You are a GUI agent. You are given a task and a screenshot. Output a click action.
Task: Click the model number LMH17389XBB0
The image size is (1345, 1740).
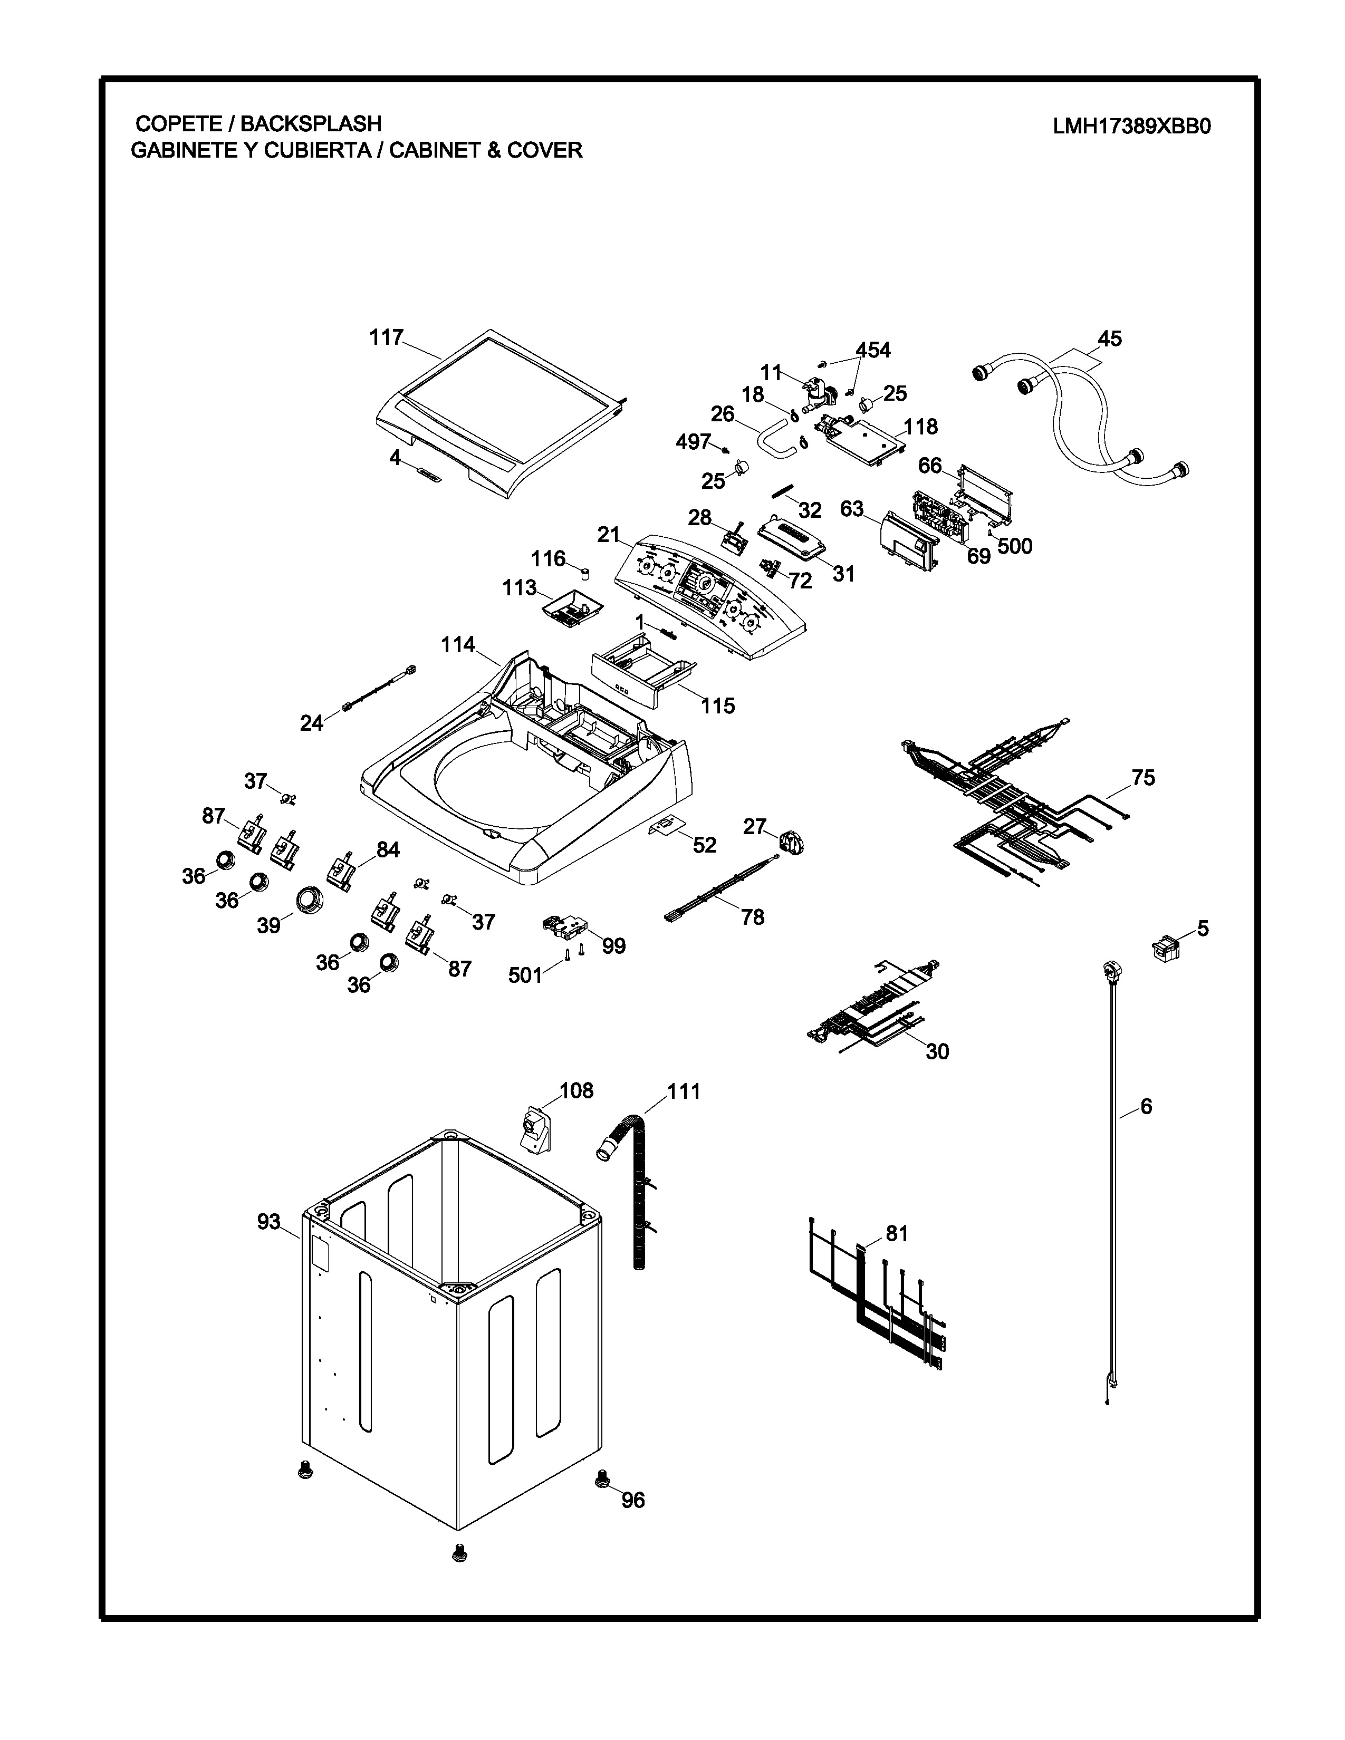(1131, 127)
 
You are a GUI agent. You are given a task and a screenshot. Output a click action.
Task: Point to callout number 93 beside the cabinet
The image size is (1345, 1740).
(268, 1221)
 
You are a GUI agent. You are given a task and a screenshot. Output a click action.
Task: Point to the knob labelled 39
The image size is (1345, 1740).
(309, 900)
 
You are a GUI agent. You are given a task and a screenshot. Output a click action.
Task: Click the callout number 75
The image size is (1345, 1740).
(1142, 778)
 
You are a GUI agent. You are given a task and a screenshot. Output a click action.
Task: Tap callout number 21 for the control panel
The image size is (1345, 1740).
(609, 535)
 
